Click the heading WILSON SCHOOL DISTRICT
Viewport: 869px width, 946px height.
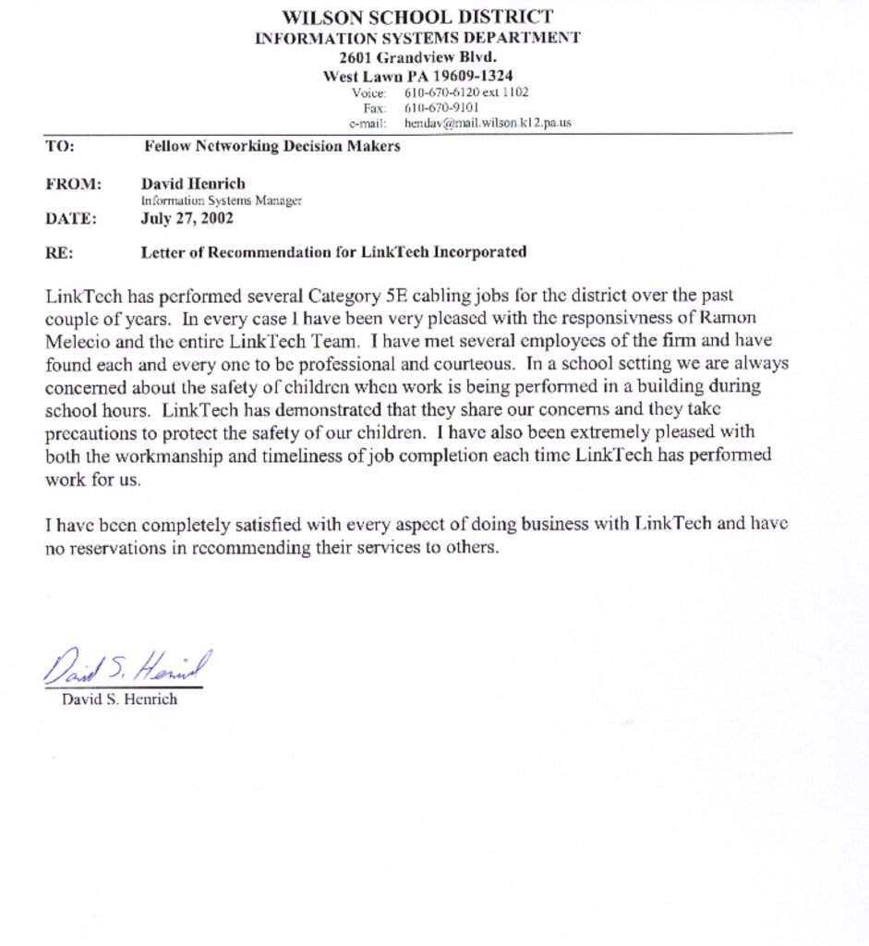[x=417, y=18]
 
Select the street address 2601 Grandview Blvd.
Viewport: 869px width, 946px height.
[x=417, y=57]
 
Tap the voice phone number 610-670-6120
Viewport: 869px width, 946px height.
[x=441, y=92]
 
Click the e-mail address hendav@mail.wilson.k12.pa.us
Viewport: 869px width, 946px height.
[x=488, y=122]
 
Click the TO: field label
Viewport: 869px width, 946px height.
[x=60, y=146]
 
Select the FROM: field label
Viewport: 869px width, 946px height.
[x=71, y=184]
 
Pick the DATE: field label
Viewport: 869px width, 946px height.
[x=70, y=219]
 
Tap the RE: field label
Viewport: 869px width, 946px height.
[x=59, y=251]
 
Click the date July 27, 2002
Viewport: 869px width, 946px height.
[x=187, y=219]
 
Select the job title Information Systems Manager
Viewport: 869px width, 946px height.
[x=221, y=200]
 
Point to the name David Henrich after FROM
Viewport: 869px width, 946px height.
[x=192, y=184]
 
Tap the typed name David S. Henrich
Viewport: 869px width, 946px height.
[x=119, y=699]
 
